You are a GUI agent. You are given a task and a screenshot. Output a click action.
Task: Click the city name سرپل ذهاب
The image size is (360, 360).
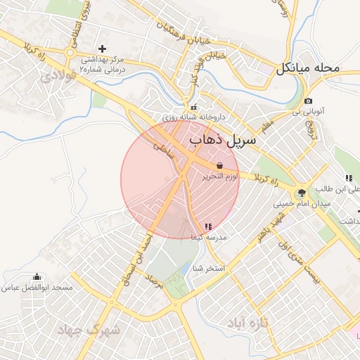tap(217, 140)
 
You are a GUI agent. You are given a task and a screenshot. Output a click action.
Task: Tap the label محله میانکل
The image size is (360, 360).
tap(307, 69)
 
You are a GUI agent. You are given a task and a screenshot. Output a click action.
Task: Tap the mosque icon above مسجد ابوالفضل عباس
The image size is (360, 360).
tap(37, 276)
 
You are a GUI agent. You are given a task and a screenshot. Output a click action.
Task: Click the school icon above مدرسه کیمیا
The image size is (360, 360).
tap(207, 226)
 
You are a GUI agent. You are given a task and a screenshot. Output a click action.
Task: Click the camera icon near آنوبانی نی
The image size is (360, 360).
tap(309, 101)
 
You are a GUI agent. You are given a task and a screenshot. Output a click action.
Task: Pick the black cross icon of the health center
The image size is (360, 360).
tap(103, 49)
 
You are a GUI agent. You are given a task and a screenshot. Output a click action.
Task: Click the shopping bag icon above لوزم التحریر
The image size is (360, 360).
tap(220, 165)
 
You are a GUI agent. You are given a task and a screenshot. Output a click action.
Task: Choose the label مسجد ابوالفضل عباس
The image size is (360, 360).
tap(37, 288)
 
